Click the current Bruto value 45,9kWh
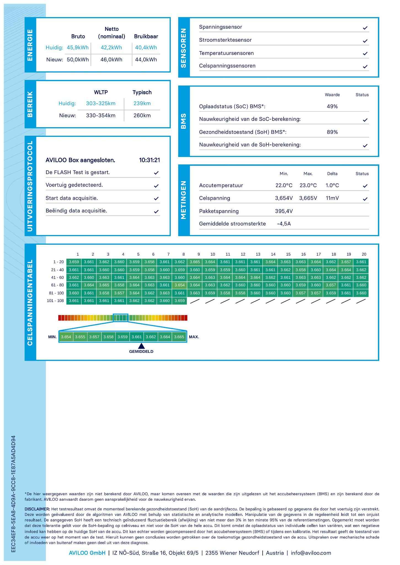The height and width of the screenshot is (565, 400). [78, 47]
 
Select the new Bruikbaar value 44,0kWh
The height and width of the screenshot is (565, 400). [146, 60]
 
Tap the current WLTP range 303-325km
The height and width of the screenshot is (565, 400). [101, 103]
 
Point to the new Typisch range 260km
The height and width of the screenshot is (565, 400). [142, 115]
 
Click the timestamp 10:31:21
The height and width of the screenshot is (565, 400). [150, 160]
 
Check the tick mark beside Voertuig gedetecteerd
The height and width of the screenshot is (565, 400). [156, 186]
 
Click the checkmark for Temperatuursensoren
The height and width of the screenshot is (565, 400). [365, 54]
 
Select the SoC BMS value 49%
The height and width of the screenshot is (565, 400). [332, 106]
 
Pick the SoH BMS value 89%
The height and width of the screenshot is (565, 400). [332, 132]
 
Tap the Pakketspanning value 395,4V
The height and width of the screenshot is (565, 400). [284, 211]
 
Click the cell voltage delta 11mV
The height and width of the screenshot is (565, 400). [332, 198]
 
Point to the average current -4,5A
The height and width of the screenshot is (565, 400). [284, 224]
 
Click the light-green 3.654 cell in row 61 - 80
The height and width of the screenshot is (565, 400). [180, 285]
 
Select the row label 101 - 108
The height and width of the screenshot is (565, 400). [55, 301]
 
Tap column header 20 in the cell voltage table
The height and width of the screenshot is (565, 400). [364, 254]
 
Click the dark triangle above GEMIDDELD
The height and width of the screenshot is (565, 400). [141, 346]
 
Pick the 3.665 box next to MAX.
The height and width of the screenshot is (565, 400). [179, 337]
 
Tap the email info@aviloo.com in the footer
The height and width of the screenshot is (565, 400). [311, 553]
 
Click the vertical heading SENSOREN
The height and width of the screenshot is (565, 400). [184, 47]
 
